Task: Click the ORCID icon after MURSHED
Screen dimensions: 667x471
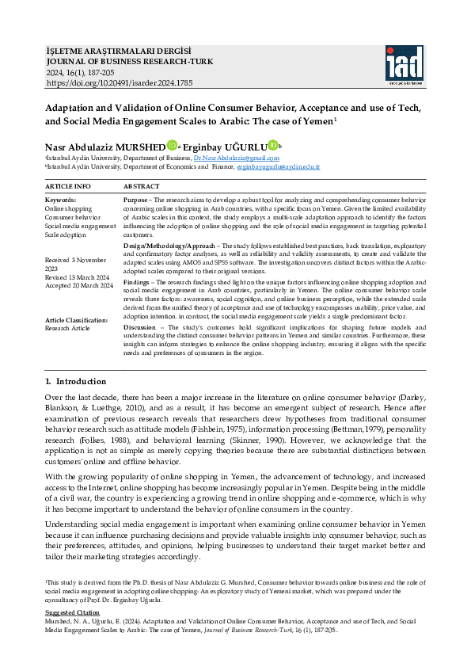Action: tap(173, 146)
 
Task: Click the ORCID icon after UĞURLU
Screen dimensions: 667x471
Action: tap(273, 145)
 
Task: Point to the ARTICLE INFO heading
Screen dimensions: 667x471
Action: tap(68, 186)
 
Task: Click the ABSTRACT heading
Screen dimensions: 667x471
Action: tap(142, 186)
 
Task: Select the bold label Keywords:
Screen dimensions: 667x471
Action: tap(60, 200)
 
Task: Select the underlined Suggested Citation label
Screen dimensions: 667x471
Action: tap(72, 613)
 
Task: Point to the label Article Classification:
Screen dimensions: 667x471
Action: tap(76, 320)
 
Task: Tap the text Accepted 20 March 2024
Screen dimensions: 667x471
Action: tap(79, 284)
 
